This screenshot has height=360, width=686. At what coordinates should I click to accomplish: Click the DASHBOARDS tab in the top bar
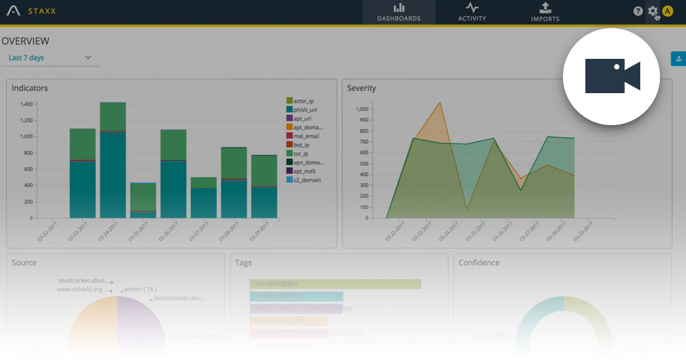click(x=398, y=12)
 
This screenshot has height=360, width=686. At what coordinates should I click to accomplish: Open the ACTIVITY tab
click(x=472, y=12)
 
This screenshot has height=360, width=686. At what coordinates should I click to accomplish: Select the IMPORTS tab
click(x=545, y=12)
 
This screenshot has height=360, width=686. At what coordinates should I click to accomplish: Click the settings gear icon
click(x=653, y=11)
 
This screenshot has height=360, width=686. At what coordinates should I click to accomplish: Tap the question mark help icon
click(x=638, y=11)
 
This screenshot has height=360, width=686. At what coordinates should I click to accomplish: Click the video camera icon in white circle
click(x=612, y=76)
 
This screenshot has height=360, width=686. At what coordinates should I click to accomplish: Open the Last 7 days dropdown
click(x=50, y=58)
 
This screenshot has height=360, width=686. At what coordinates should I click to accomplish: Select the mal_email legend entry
click(x=306, y=136)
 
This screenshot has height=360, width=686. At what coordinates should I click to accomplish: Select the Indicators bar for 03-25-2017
click(x=143, y=200)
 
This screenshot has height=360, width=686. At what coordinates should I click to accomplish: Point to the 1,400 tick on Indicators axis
click(x=26, y=105)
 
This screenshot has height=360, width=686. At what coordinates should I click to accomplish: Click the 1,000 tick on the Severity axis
click(x=361, y=109)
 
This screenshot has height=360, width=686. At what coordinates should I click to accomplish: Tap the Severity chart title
click(x=361, y=89)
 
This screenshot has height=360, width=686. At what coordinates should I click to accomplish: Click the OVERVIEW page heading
click(x=25, y=41)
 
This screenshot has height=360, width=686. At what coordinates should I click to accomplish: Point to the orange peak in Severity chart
click(x=440, y=103)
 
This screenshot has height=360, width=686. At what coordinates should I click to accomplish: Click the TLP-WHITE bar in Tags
click(x=335, y=284)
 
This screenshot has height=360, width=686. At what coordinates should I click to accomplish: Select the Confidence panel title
click(x=478, y=263)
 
